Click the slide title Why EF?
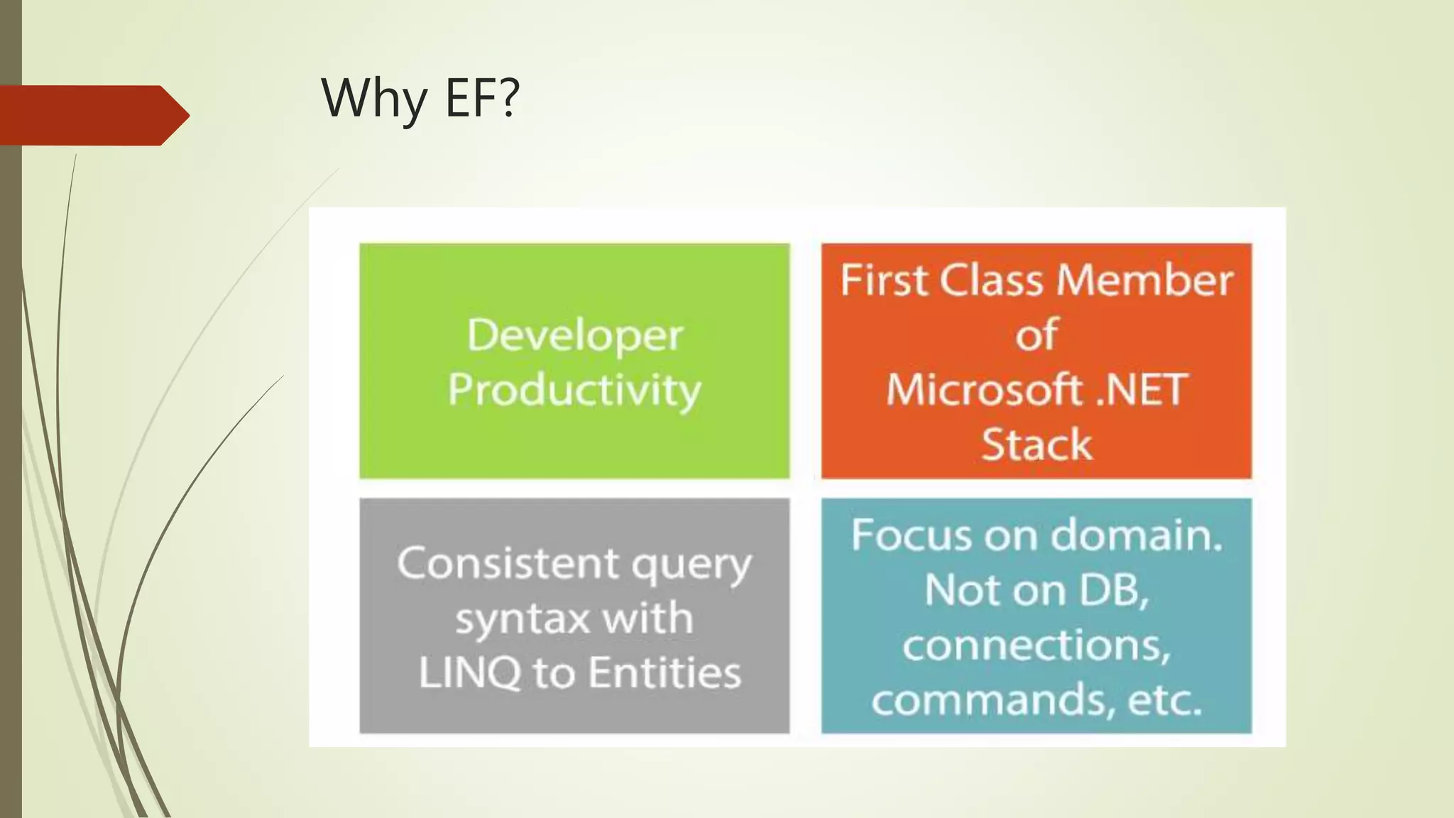click(x=420, y=98)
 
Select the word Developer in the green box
click(x=574, y=335)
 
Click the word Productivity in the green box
click(x=574, y=390)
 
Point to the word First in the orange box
click(x=884, y=280)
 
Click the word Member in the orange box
click(x=1144, y=280)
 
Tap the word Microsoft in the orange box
click(x=983, y=390)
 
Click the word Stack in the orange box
click(x=1037, y=445)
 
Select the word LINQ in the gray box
click(x=469, y=672)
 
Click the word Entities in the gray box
click(x=665, y=672)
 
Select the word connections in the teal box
click(x=1037, y=645)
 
